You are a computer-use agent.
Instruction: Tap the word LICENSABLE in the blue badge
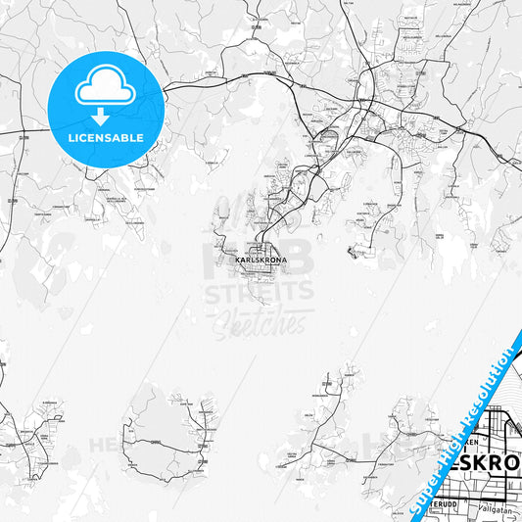pyautogui.click(x=106, y=137)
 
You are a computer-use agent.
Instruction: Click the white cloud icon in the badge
pyautogui.click(x=106, y=88)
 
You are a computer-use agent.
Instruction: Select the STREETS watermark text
pyautogui.click(x=259, y=291)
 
